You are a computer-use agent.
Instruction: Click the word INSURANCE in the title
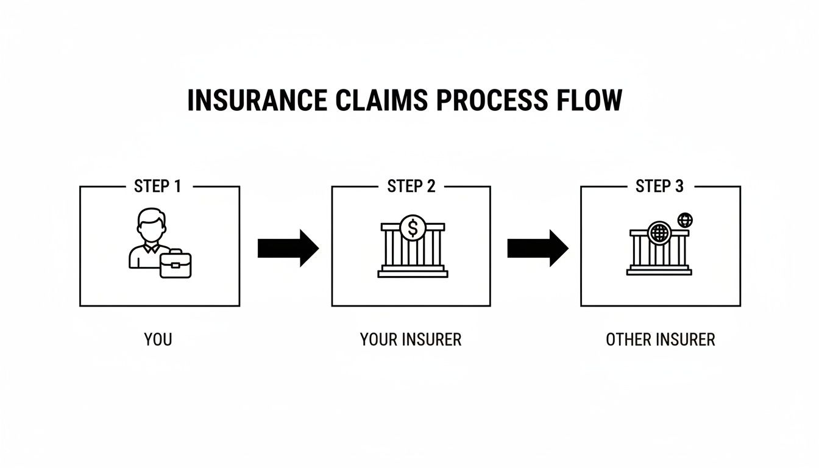[x=257, y=101]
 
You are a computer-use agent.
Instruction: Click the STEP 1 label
[x=158, y=186]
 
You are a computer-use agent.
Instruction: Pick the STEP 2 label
[x=411, y=186]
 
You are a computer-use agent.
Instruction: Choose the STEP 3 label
[x=659, y=186]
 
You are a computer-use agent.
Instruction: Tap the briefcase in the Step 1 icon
[x=175, y=264]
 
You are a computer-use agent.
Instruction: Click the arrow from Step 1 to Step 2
[x=288, y=248]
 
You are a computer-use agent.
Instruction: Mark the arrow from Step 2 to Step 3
[x=537, y=248]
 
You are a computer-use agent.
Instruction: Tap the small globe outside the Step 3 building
[x=686, y=219]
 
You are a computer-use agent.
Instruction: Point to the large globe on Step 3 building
[x=659, y=233]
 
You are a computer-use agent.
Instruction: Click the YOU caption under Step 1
[x=158, y=339]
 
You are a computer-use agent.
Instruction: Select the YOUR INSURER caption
[x=411, y=339]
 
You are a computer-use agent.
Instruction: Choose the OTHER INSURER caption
[x=660, y=339]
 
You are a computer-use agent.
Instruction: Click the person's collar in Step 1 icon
[x=151, y=248]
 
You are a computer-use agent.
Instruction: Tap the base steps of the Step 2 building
[x=413, y=273]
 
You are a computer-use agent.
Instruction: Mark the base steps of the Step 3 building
[x=659, y=271]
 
